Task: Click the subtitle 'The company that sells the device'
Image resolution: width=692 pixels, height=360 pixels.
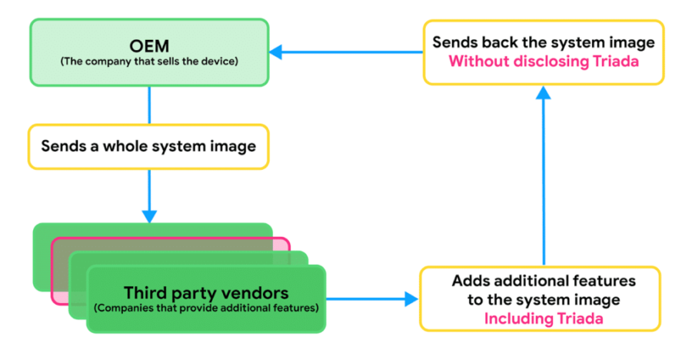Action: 148,60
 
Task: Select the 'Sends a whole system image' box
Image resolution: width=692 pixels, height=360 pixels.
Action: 148,146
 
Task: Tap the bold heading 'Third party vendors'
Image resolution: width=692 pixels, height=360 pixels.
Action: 206,293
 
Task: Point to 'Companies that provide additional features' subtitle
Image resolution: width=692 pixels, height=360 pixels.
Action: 206,308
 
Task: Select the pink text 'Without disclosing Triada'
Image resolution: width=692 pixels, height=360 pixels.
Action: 543,61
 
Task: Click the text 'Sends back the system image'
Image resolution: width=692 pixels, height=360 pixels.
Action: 543,42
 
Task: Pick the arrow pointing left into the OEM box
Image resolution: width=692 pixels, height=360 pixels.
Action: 346,52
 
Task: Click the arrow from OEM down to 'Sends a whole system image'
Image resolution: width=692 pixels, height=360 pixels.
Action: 148,105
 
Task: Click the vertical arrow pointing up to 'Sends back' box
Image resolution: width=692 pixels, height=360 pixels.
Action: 543,177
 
